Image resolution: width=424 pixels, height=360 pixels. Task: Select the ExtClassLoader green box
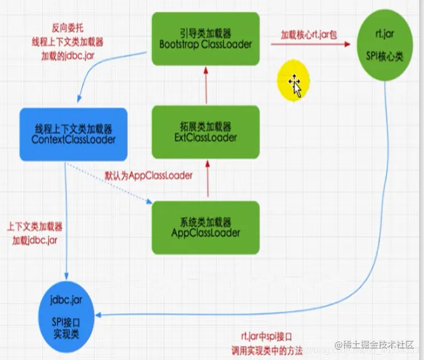tap(206, 132)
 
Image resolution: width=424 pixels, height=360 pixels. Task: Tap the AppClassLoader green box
tap(206, 227)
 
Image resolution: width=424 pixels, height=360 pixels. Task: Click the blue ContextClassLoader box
tap(73, 134)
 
